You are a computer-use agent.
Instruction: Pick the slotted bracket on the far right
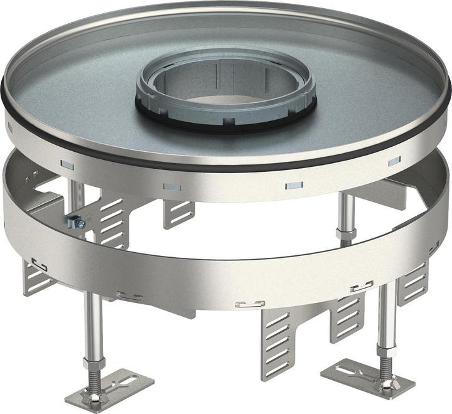point(414,282)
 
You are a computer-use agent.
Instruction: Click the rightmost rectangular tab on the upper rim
point(394,161)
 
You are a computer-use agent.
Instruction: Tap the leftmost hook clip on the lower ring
point(39,264)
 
